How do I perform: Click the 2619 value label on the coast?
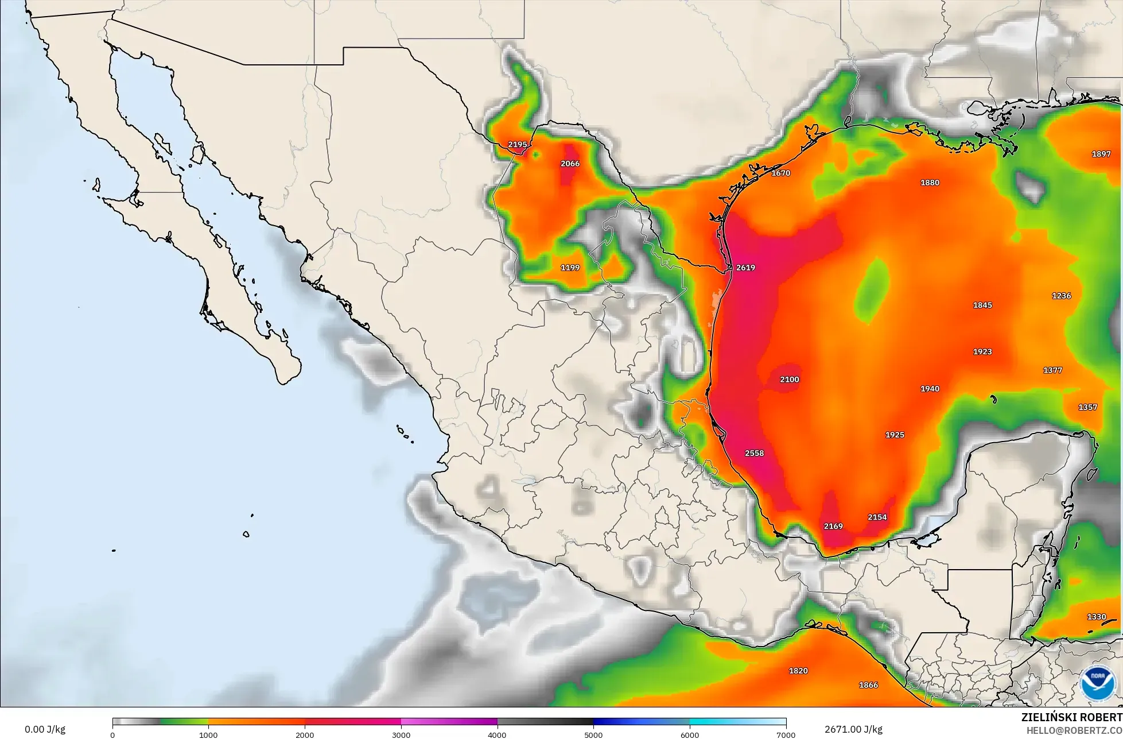(x=745, y=268)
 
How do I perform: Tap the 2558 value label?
(x=754, y=453)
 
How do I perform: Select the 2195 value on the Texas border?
(x=517, y=145)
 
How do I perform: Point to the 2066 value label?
(x=570, y=164)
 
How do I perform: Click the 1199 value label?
(x=570, y=268)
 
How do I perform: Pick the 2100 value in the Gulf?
(x=790, y=380)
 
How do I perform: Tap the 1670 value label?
(x=781, y=173)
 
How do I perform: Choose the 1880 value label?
(x=930, y=183)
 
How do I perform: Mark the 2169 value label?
(x=833, y=526)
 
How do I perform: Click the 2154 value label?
(x=877, y=517)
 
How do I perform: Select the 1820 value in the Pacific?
(x=798, y=671)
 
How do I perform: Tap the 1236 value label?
(x=1061, y=296)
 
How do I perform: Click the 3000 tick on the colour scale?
(x=401, y=734)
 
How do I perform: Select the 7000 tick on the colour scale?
(x=786, y=734)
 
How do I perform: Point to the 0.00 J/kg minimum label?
(x=45, y=730)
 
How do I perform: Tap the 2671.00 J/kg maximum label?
(x=853, y=730)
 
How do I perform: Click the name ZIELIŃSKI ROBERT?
(x=1072, y=717)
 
